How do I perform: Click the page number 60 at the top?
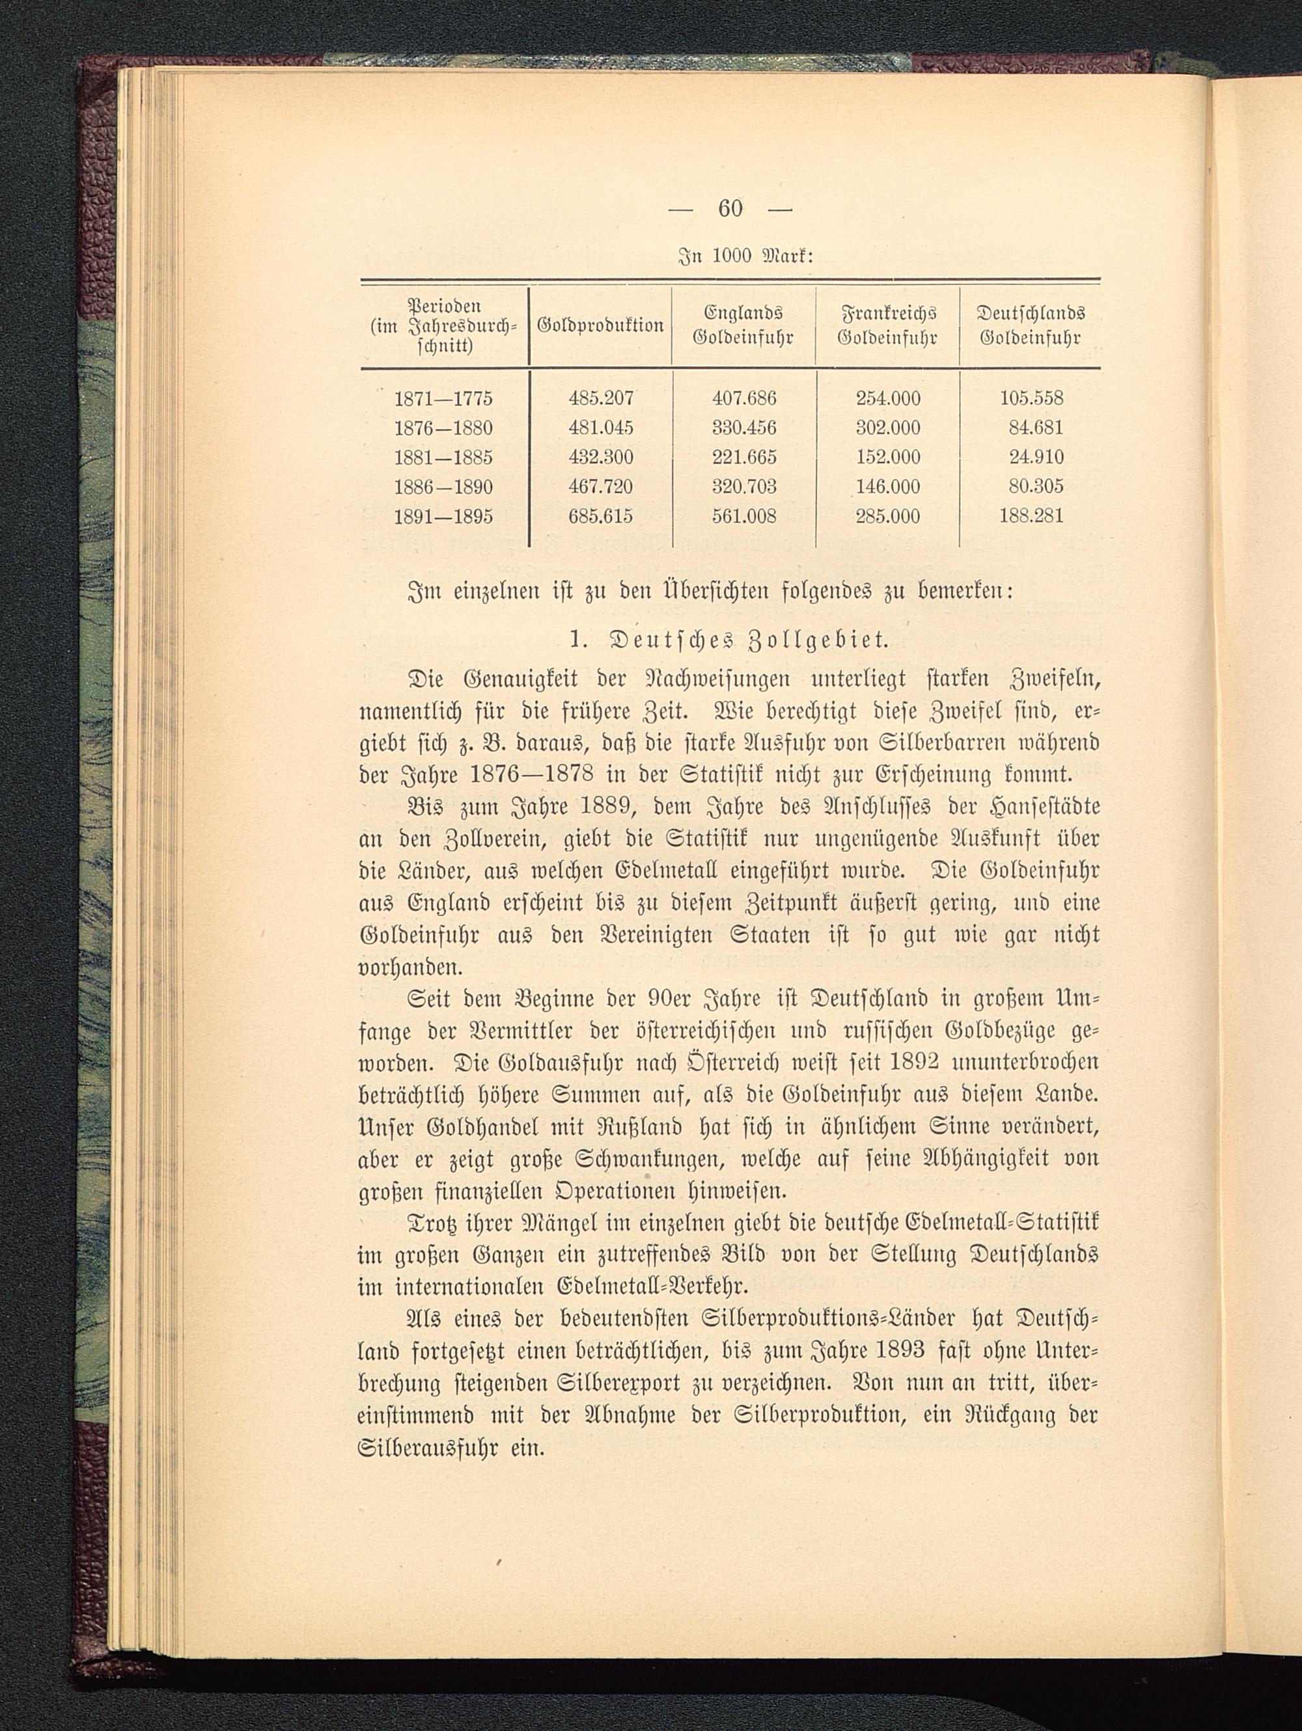click(x=730, y=208)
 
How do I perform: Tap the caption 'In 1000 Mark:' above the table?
click(x=730, y=255)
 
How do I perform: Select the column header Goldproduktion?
click(x=600, y=325)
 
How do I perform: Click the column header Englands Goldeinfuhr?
click(x=744, y=325)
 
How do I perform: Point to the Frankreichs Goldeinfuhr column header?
click(x=888, y=325)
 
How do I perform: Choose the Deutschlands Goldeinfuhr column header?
click(x=1031, y=325)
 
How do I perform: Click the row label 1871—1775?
click(x=443, y=398)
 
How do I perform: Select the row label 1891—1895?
click(x=443, y=517)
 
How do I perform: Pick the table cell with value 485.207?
click(x=600, y=398)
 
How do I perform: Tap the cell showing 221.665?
click(x=744, y=457)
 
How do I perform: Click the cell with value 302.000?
click(x=888, y=428)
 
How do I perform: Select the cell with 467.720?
click(x=600, y=487)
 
